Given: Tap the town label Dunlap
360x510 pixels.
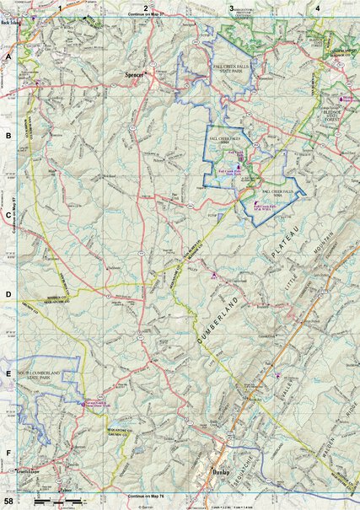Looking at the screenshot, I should [x=222, y=472].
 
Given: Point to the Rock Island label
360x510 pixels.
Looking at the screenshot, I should [x=11, y=23].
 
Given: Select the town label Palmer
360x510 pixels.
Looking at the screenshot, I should [x=67, y=486].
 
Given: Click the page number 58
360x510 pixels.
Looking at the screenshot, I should [x=9, y=502].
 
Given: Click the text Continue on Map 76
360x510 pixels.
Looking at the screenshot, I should [x=146, y=497].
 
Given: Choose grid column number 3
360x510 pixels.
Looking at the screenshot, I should [x=231, y=8].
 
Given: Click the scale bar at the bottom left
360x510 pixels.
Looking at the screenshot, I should [x=51, y=502].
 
